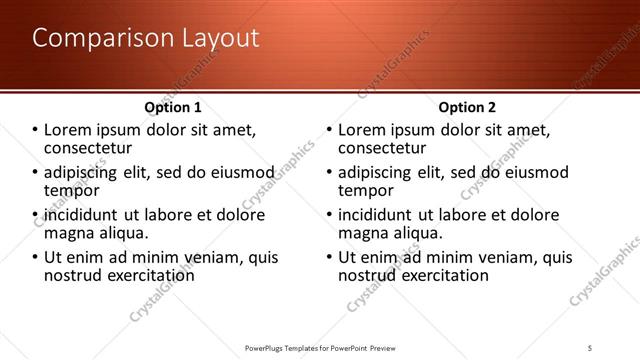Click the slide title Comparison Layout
tap(145, 39)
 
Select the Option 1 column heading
tap(172, 107)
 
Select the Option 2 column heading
tap(467, 107)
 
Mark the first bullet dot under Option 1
tap(34, 130)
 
